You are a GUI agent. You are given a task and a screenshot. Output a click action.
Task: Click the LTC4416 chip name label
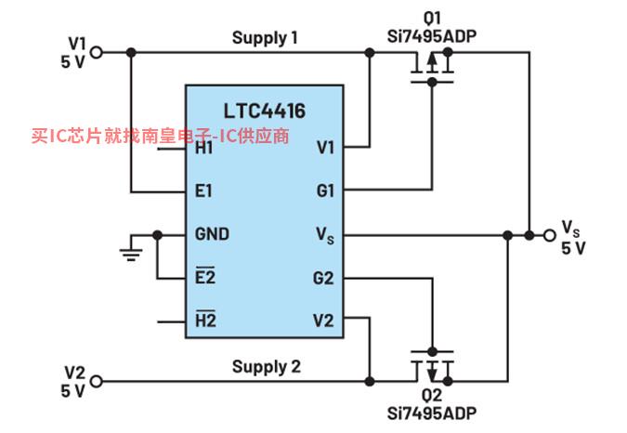(x=265, y=111)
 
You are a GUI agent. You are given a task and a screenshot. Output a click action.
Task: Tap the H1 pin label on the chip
(x=204, y=149)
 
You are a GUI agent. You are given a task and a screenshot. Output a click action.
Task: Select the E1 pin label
(x=203, y=190)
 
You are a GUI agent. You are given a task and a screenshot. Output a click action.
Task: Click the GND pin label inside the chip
(x=212, y=234)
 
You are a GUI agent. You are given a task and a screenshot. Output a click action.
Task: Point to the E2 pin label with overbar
(x=205, y=276)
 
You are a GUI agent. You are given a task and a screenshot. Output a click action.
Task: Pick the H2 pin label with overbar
(x=205, y=319)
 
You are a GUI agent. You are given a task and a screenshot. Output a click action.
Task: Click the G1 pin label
(x=325, y=190)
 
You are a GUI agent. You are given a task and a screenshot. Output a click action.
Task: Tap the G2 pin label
(x=323, y=278)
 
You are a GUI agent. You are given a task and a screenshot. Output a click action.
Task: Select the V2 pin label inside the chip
(x=323, y=321)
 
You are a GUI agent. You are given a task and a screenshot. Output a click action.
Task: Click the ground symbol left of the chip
(x=131, y=252)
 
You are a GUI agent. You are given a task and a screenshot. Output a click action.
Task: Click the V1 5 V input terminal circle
(x=97, y=52)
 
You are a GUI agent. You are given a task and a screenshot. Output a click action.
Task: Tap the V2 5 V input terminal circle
(x=97, y=381)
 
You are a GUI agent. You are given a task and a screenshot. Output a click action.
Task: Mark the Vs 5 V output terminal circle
(x=550, y=235)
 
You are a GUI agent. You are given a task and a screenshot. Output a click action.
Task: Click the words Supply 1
(x=265, y=38)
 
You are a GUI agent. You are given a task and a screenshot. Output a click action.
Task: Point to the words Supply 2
(x=267, y=367)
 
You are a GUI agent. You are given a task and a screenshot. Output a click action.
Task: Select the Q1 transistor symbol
(x=432, y=67)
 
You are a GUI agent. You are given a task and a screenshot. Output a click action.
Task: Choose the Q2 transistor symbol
(x=432, y=367)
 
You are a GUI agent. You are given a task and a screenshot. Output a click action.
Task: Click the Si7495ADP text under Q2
(x=432, y=413)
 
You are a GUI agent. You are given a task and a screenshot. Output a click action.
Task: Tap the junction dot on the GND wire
(x=158, y=235)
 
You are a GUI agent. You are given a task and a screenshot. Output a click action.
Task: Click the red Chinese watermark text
(x=160, y=136)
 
